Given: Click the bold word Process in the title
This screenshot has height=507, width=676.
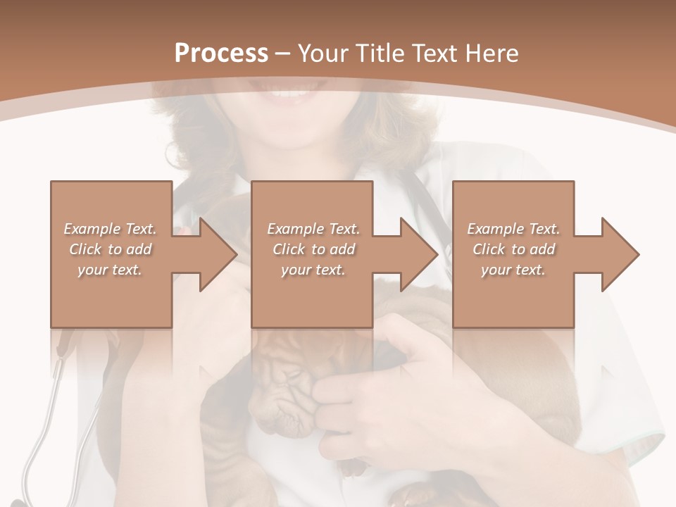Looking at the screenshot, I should coord(221,54).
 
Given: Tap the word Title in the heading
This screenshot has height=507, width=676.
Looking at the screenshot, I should coord(375,54).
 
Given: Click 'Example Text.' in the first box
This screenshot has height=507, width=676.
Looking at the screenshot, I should coord(111,229).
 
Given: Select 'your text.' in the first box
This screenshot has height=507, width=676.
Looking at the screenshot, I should coord(110,270).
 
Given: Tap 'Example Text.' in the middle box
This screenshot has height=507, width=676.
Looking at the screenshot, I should coord(313,229).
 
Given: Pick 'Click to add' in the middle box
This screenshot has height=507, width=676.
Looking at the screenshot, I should coord(313,249).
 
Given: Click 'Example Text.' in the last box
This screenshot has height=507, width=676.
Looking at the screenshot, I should coord(513,229).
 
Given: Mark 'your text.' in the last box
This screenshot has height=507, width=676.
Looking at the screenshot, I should coord(513,270).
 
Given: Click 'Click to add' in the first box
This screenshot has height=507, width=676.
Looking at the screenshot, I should coord(111,249).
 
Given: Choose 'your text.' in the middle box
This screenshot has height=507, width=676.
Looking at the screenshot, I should coord(313,270).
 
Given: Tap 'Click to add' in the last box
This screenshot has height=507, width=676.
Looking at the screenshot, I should coord(513,249).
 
